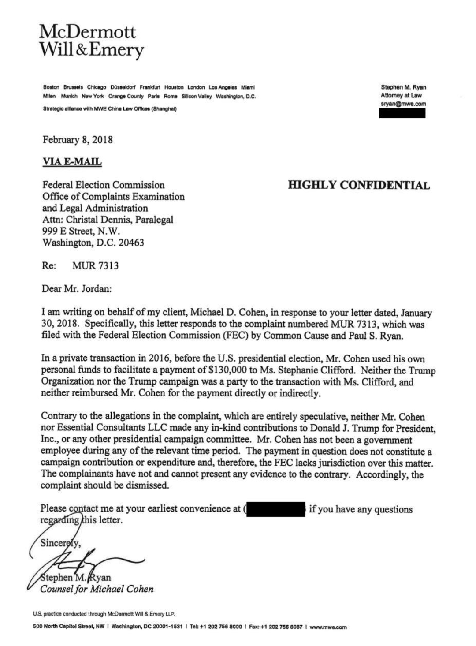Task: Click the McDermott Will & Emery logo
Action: (x=92, y=41)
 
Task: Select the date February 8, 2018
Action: (x=78, y=140)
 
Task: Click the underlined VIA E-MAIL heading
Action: (x=72, y=162)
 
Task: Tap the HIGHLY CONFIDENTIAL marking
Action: (x=359, y=185)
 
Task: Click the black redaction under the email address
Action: (x=402, y=113)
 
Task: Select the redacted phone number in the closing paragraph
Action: (x=276, y=509)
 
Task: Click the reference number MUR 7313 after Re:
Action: (x=95, y=265)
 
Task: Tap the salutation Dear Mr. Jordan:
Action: (x=77, y=289)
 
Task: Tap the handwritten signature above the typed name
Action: (x=93, y=560)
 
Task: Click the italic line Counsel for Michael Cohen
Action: (x=97, y=589)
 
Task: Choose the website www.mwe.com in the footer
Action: (x=328, y=627)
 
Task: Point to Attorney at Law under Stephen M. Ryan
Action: (x=401, y=95)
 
